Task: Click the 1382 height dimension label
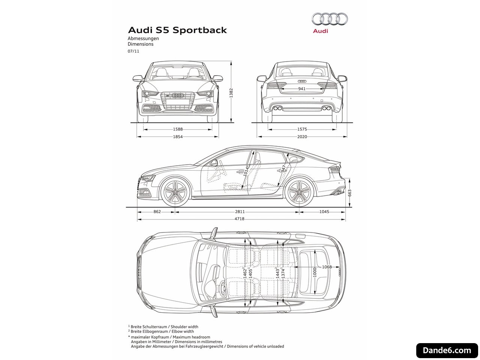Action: click(x=231, y=93)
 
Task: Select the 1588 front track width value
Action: click(x=178, y=129)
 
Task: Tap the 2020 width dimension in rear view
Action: click(x=302, y=136)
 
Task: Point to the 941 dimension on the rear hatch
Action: click(x=302, y=89)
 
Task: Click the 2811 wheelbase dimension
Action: click(x=240, y=211)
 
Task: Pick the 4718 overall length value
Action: click(x=240, y=219)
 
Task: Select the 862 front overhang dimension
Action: click(x=157, y=211)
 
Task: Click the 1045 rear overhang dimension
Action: click(x=324, y=211)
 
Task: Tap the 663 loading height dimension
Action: click(x=349, y=193)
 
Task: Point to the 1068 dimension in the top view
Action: click(x=327, y=267)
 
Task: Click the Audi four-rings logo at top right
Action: click(x=329, y=19)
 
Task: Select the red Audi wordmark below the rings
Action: click(x=320, y=31)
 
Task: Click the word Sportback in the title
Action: click(x=199, y=30)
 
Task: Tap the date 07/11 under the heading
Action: click(x=133, y=51)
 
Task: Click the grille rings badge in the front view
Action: click(x=177, y=96)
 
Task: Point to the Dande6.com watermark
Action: click(x=447, y=350)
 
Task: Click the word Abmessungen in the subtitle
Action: click(x=143, y=39)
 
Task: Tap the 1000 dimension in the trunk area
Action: click(x=315, y=272)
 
